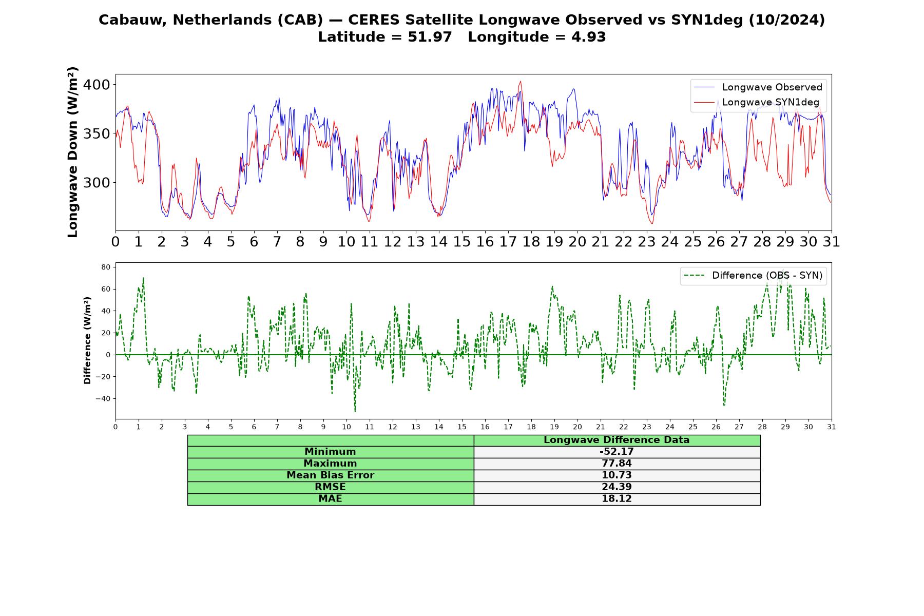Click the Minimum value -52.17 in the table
617,452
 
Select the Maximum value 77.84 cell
617,464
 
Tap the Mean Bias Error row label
330,475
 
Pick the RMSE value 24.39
617,487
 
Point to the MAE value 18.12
617,499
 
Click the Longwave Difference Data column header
617,440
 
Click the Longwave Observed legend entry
758,87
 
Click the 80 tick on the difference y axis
106,267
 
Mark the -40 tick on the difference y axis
104,399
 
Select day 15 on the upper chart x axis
462,242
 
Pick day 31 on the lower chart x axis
832,427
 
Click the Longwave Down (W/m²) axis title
72,152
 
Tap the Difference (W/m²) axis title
87,340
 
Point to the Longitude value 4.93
589,37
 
